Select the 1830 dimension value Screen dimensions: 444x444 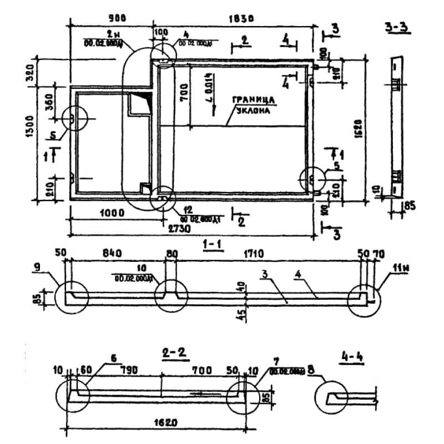point(240,18)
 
